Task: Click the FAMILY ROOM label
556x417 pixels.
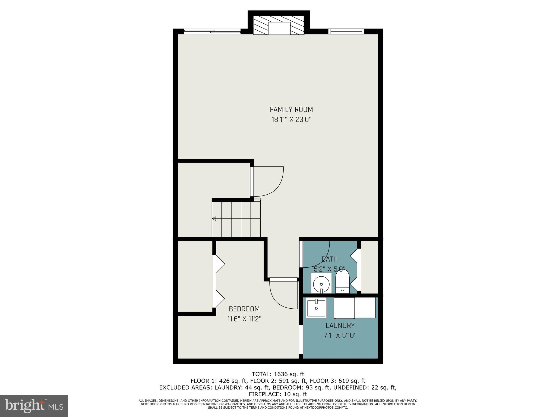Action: [291, 110]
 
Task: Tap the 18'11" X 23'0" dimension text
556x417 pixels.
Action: [291, 120]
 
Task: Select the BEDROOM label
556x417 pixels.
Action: [244, 309]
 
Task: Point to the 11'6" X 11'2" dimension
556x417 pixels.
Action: [244, 319]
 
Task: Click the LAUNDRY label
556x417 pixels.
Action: [340, 326]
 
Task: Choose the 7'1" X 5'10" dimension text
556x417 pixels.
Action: [340, 336]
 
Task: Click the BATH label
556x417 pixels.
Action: [330, 259]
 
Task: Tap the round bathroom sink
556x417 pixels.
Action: [321, 284]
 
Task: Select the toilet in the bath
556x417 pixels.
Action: [342, 281]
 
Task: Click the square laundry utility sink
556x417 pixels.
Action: [316, 308]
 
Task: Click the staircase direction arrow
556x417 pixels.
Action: [214, 218]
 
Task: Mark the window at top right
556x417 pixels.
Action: [346, 31]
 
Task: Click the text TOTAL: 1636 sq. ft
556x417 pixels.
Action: [278, 374]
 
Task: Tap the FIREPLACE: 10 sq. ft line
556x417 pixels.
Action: [278, 394]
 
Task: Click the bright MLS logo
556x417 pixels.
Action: [34, 406]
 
